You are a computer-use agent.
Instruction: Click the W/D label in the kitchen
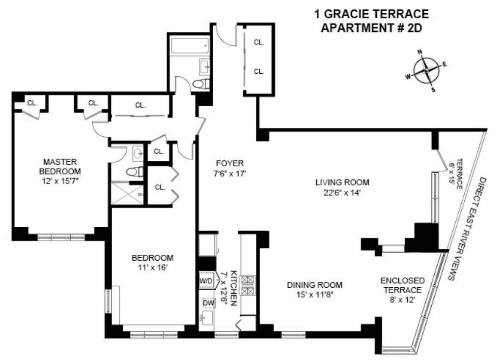coord(206,281)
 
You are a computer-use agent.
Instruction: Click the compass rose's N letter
coord(419,52)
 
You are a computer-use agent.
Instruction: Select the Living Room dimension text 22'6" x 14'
coord(342,193)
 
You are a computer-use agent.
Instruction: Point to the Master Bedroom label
coord(60,166)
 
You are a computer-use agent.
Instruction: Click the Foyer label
coord(230,163)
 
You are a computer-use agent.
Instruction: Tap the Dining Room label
coord(315,285)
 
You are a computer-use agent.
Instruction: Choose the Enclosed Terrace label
coord(403,285)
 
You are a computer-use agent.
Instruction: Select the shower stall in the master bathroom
coord(127,193)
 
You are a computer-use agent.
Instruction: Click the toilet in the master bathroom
coord(135,172)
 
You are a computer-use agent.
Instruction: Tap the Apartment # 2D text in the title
coord(371,28)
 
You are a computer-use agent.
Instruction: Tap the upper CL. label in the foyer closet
coord(258,42)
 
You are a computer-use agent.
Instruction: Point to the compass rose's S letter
coord(433,90)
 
